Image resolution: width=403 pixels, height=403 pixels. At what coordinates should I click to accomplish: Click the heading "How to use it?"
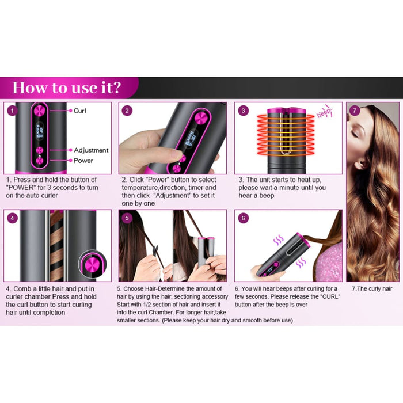(67, 88)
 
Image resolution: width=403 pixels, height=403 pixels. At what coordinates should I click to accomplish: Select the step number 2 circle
(127, 111)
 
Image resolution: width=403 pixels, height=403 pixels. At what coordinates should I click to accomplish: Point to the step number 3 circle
(244, 111)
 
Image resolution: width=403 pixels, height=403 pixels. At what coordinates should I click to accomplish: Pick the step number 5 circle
(127, 218)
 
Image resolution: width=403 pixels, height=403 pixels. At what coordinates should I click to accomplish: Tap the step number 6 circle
(244, 218)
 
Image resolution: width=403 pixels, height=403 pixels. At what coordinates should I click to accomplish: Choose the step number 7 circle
(355, 111)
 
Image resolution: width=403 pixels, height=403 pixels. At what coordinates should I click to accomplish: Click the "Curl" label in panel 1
(80, 110)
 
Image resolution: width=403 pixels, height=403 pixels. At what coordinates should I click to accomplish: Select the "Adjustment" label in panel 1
(91, 150)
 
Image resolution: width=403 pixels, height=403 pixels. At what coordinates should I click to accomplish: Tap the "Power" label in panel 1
(83, 161)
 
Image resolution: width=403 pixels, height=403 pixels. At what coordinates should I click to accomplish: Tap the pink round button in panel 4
(90, 265)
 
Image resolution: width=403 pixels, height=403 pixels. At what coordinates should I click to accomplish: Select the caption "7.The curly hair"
(372, 288)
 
